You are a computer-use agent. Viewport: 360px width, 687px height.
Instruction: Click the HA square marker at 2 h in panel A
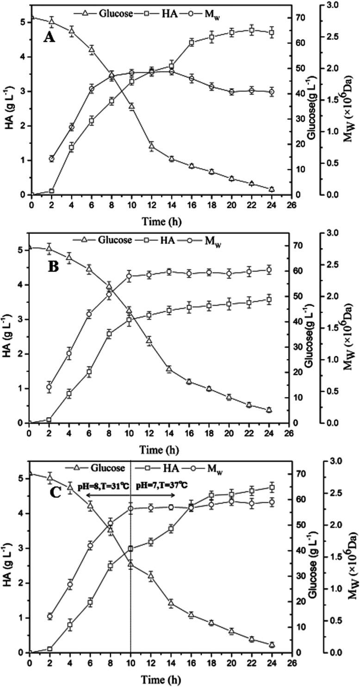click(x=52, y=191)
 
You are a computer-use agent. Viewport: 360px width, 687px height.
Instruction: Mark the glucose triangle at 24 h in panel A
click(x=272, y=189)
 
